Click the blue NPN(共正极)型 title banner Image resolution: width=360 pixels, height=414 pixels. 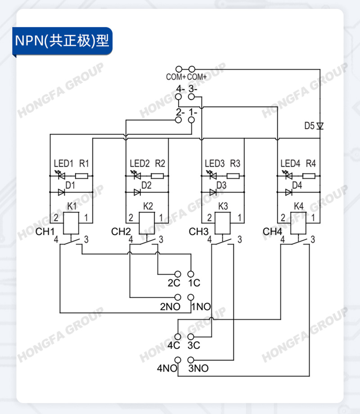pyautogui.click(x=63, y=41)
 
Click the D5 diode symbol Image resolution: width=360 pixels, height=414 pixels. pyautogui.click(x=320, y=126)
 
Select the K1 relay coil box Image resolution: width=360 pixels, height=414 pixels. pyautogui.click(x=71, y=223)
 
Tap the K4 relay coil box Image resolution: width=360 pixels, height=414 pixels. pyautogui.click(x=298, y=223)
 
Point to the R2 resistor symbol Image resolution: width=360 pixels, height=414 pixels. pyautogui.click(x=157, y=176)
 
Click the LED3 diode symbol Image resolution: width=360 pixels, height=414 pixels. pyautogui.click(x=212, y=175)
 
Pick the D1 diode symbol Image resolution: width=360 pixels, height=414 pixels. pyautogui.click(x=61, y=192)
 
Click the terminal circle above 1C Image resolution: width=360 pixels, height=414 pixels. pyautogui.click(x=191, y=274)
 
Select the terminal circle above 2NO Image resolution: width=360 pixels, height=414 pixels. pyautogui.click(x=178, y=297)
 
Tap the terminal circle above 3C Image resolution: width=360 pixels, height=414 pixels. pyautogui.click(x=191, y=337)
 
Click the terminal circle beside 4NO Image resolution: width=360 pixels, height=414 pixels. pyautogui.click(x=178, y=360)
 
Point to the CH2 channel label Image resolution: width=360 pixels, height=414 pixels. pyautogui.click(x=121, y=232)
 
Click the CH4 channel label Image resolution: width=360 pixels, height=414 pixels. pyautogui.click(x=272, y=232)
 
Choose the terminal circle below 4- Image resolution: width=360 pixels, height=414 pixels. pyautogui.click(x=179, y=97)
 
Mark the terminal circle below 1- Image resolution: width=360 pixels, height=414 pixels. pyautogui.click(x=192, y=120)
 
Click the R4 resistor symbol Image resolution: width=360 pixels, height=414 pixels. pyautogui.click(x=309, y=176)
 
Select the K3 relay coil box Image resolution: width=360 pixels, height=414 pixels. pyautogui.click(x=223, y=223)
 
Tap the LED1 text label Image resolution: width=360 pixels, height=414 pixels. pyautogui.click(x=63, y=163)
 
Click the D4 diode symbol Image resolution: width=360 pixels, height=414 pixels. pyautogui.click(x=289, y=192)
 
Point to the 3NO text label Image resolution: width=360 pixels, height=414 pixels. pyautogui.click(x=198, y=368)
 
